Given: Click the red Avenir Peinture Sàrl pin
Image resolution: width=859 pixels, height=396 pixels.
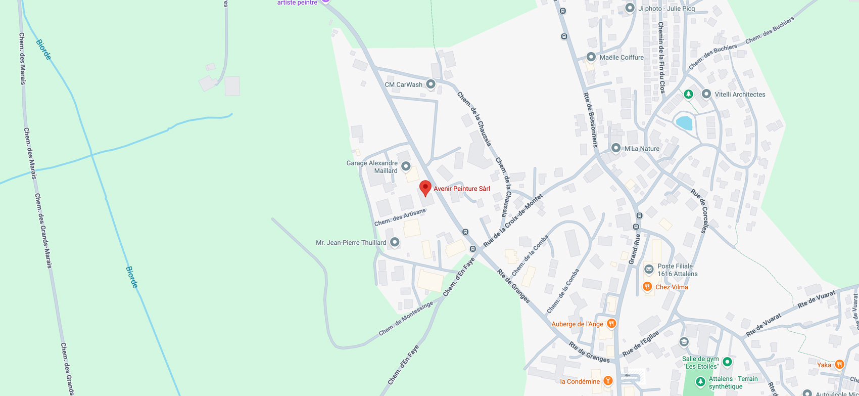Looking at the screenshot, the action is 425,188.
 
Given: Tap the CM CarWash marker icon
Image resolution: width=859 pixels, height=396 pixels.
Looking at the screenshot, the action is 431,84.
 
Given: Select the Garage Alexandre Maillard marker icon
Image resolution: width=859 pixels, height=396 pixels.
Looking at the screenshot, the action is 406,166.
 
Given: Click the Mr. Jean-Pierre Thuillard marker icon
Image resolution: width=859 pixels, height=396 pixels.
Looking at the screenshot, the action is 395,242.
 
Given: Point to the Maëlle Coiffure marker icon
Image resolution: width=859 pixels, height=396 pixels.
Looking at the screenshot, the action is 591,57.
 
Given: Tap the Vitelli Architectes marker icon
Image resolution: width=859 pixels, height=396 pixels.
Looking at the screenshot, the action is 706,94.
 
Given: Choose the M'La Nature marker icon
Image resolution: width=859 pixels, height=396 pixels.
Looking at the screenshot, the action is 615,148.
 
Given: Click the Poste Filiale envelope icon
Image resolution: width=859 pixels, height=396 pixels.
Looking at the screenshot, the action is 649,269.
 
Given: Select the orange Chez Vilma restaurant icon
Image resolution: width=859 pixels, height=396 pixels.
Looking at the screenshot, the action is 647,287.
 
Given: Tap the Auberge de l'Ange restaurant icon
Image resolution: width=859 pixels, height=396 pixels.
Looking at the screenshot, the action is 611,323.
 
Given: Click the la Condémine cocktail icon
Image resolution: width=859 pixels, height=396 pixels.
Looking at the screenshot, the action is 608,381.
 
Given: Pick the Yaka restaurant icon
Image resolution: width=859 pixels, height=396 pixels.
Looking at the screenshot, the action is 839,364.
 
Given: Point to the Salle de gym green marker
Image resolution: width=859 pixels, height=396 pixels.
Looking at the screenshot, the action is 727,362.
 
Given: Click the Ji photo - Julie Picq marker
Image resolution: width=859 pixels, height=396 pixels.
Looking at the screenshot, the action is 630,8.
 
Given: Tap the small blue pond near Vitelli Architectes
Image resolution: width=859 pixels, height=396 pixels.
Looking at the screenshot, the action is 684,122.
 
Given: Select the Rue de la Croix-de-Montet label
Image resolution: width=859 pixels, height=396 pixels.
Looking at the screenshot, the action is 512,221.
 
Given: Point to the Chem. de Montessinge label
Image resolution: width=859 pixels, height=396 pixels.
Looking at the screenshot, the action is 406,319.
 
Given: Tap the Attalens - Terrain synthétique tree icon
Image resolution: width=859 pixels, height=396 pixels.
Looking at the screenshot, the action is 700,381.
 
